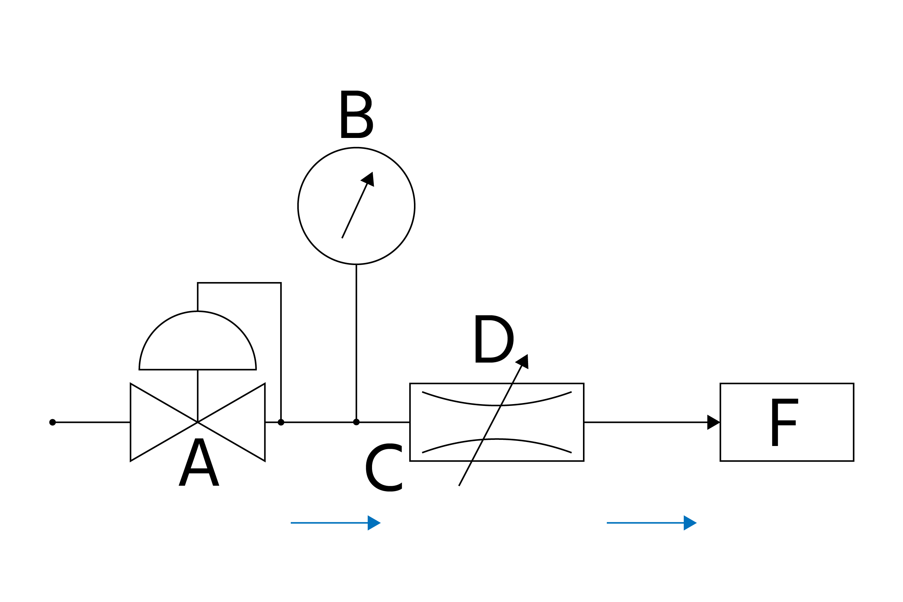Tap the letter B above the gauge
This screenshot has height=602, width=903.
pyautogui.click(x=356, y=114)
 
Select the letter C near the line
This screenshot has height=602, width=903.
pyautogui.click(x=384, y=467)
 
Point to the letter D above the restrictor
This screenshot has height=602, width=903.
pyautogui.click(x=493, y=339)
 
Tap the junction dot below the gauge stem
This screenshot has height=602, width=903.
pyautogui.click(x=356, y=422)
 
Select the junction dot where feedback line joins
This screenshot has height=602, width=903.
pyautogui.click(x=281, y=422)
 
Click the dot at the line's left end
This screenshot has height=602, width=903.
pyautogui.click(x=53, y=422)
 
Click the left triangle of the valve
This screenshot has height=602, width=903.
pyautogui.click(x=154, y=422)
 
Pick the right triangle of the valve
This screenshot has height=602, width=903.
pyautogui.click(x=242, y=422)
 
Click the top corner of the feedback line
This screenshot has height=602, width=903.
pyautogui.click(x=281, y=283)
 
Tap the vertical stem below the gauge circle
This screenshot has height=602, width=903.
pyautogui.click(x=356, y=342)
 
